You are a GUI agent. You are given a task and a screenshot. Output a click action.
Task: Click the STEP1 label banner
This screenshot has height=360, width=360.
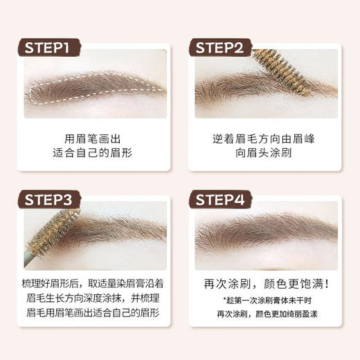pos(52,47)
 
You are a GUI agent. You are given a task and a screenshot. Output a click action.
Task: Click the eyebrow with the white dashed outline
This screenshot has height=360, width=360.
pos(93,91)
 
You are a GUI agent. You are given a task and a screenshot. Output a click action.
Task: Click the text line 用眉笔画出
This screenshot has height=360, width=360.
pos(95,137)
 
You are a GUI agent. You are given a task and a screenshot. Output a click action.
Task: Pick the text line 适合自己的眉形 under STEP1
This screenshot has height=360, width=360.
pos(95,154)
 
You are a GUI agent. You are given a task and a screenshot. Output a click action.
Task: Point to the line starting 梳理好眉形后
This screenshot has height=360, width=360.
pos(95,285)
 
